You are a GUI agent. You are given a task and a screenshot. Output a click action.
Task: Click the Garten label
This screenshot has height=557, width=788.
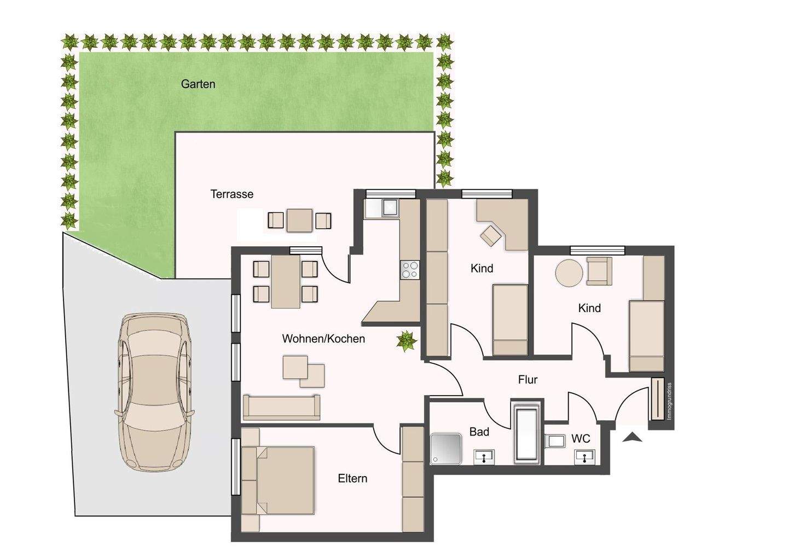(x=198, y=84)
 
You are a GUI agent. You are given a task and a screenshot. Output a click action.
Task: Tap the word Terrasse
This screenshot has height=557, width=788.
(x=232, y=194)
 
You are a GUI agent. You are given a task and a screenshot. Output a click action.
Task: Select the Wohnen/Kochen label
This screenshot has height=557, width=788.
(x=323, y=339)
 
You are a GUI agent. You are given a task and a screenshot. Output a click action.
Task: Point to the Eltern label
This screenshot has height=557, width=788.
(x=352, y=479)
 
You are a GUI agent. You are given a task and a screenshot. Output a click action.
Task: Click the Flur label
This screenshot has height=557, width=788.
(x=528, y=379)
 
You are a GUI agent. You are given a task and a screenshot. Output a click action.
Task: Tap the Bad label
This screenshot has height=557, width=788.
(x=479, y=432)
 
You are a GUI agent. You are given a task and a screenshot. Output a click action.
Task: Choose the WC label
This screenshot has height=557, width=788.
(x=581, y=439)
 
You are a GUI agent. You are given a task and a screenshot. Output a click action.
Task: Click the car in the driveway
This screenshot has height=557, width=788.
(x=154, y=393)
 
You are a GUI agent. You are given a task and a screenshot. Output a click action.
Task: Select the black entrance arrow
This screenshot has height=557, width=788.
(x=632, y=437)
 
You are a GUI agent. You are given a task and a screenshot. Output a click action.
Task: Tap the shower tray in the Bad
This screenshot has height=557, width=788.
(x=446, y=449)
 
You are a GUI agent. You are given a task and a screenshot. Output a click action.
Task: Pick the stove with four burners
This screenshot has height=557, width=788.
(x=410, y=270)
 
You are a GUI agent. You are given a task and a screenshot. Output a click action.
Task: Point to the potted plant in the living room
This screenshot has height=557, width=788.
(x=407, y=341)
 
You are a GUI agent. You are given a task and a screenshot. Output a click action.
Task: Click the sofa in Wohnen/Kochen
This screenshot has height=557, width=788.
(x=281, y=407)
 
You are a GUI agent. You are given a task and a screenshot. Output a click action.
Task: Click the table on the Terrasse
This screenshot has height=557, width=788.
(x=299, y=221)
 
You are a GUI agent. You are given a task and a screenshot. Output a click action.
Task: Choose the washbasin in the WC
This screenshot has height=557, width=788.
(x=584, y=457)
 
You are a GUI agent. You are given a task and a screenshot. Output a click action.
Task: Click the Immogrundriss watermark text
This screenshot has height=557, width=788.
(x=669, y=401)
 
